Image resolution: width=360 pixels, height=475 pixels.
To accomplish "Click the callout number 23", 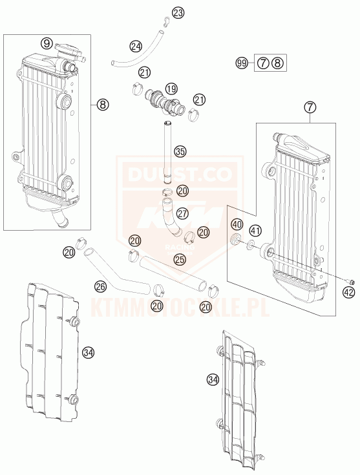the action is click(178, 13).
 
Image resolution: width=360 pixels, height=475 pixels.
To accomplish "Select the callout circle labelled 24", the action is click(136, 47).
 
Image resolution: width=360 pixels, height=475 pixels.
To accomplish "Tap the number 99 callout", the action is click(242, 63).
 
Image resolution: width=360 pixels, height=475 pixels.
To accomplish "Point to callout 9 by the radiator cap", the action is click(47, 43).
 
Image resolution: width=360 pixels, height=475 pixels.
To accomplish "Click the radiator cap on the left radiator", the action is click(69, 50).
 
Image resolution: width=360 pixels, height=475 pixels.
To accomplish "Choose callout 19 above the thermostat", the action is click(171, 89).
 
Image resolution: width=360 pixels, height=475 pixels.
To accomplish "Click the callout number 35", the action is click(180, 151).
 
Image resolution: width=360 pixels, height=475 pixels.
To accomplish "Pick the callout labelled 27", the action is click(183, 213).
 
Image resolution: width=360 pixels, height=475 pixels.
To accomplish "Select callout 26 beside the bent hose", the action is click(101, 286).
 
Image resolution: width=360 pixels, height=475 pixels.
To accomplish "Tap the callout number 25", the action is click(180, 259).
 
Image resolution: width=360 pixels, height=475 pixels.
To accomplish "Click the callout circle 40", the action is click(237, 224).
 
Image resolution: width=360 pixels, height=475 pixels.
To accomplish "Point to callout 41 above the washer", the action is click(255, 231).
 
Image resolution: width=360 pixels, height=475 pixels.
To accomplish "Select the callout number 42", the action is click(349, 292).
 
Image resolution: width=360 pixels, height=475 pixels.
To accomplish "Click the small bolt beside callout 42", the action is click(352, 281).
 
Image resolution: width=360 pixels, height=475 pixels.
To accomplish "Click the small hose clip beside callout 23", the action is click(165, 20).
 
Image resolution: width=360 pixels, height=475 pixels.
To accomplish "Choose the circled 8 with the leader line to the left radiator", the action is click(102, 105).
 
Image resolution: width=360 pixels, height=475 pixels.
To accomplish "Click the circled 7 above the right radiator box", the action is click(311, 107).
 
